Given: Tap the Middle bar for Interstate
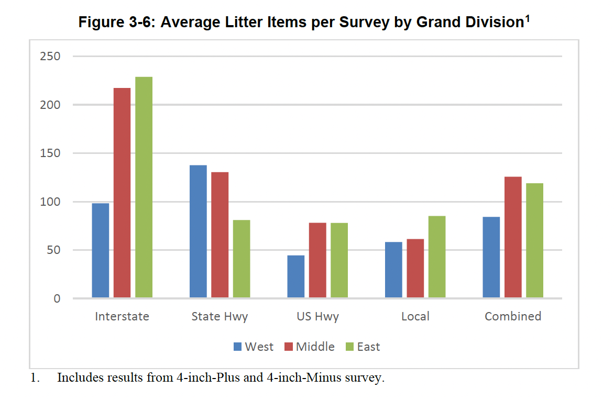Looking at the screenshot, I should point(122,193).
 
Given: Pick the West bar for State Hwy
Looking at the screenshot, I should point(198,231).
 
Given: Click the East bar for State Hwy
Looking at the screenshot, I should point(242,259).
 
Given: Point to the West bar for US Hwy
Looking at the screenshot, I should point(296,277).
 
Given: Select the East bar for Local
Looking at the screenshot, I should point(437,257).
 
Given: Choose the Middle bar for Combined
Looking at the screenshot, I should point(513,238).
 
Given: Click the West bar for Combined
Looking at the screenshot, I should point(491,258).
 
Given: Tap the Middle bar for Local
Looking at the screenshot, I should point(415,269).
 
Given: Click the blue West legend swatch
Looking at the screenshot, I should point(237,347).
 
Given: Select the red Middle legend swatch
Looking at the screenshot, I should point(289,347).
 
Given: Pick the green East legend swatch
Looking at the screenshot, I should point(350,347).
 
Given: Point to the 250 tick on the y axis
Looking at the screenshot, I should point(50,56).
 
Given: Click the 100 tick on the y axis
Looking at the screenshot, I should point(50,202).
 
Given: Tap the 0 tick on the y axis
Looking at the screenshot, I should point(56,298).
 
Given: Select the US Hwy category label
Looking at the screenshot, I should point(317,316).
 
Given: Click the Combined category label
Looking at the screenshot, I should point(513,316).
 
